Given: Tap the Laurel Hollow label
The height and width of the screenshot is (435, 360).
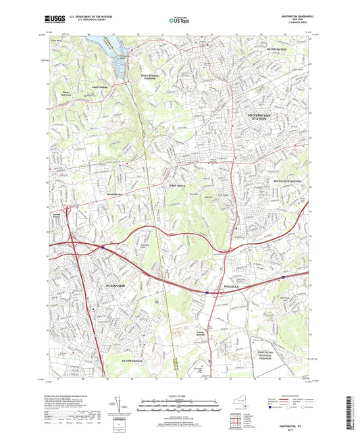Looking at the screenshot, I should (x=99, y=87).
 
